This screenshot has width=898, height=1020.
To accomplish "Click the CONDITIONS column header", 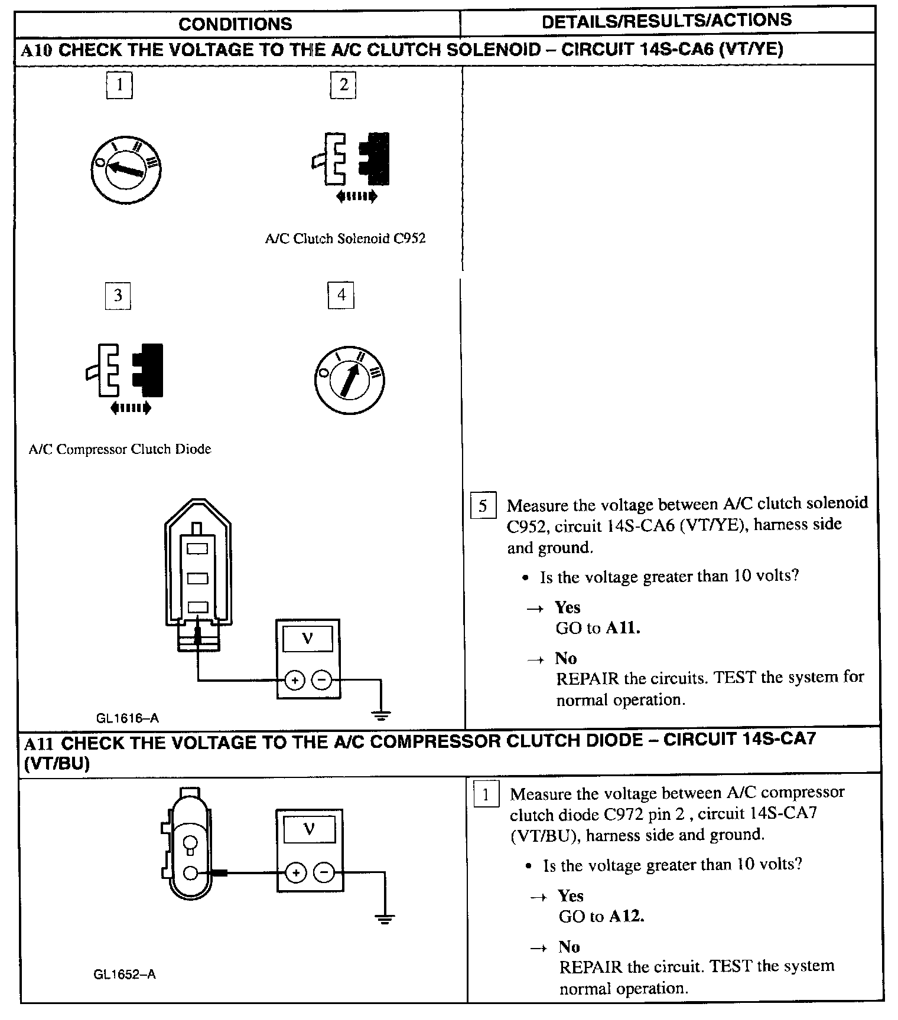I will (235, 24).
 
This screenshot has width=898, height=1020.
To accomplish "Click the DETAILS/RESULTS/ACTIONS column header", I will (666, 21).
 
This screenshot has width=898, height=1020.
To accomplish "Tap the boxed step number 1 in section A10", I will (119, 85).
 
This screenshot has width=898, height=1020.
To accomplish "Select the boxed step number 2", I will (343, 85).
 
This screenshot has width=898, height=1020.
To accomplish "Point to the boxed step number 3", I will (118, 295).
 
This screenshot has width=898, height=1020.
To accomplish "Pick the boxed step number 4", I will (341, 295).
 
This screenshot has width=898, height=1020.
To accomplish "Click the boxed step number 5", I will (483, 506).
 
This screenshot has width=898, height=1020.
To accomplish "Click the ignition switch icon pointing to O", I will (126, 169).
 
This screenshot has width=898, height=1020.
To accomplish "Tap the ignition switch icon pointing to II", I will (350, 380).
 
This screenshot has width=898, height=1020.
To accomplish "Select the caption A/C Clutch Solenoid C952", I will (345, 238).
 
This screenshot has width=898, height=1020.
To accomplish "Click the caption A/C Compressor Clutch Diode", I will (120, 449).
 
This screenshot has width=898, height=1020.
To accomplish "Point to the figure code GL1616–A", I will (128, 718).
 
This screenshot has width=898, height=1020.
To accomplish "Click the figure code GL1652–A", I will (125, 974).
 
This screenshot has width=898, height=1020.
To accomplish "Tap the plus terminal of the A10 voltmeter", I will (294, 681).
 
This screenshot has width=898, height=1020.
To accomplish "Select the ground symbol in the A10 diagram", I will (381, 717).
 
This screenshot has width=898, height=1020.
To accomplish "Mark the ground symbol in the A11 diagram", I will (384, 918).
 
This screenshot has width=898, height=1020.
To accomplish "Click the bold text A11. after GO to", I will (623, 628).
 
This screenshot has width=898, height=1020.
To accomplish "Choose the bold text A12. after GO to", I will (627, 916).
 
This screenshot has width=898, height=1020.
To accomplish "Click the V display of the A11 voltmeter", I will (309, 829).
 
